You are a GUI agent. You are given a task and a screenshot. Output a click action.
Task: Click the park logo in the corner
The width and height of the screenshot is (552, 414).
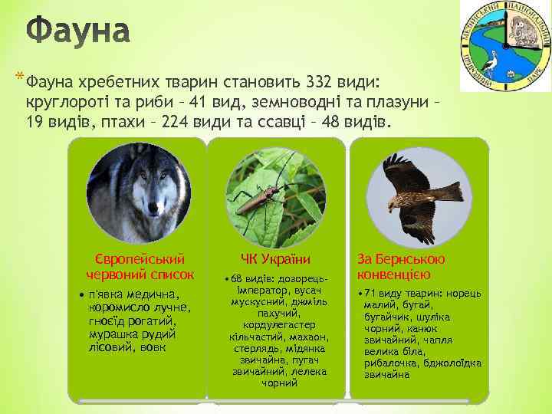tap(504, 45)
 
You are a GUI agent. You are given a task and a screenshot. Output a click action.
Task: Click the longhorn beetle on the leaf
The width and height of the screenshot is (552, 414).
tap(264, 198)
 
